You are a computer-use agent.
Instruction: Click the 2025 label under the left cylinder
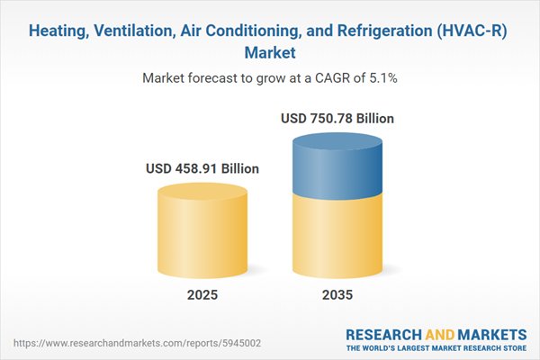click(x=202, y=294)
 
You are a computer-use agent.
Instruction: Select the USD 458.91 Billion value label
click(x=202, y=168)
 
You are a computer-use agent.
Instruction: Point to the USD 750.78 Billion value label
click(x=337, y=118)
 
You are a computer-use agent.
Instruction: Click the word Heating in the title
click(x=60, y=30)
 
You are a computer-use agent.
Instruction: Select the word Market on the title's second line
click(x=270, y=53)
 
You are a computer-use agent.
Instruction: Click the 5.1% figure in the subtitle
click(x=381, y=78)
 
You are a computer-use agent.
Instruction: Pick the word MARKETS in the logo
click(x=491, y=331)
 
